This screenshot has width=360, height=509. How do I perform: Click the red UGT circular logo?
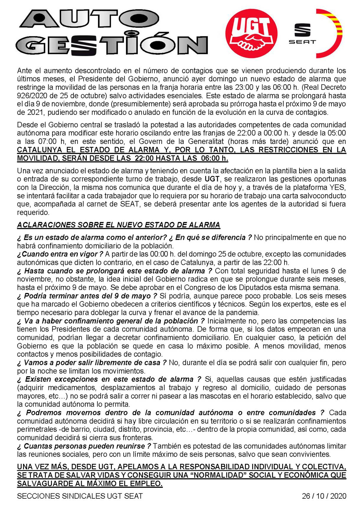(x=251, y=33)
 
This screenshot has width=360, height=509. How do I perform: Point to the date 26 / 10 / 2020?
(x=324, y=496)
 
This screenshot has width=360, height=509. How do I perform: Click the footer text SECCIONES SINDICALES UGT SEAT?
(x=80, y=496)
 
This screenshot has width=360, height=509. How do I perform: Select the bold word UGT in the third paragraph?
(x=212, y=179)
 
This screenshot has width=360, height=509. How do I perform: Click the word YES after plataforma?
(x=338, y=187)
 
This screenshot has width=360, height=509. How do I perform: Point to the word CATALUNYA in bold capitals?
(x=40, y=150)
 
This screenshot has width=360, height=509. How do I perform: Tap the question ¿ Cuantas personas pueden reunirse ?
(x=84, y=446)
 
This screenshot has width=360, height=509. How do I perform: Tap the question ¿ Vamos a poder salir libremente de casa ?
(x=92, y=363)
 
